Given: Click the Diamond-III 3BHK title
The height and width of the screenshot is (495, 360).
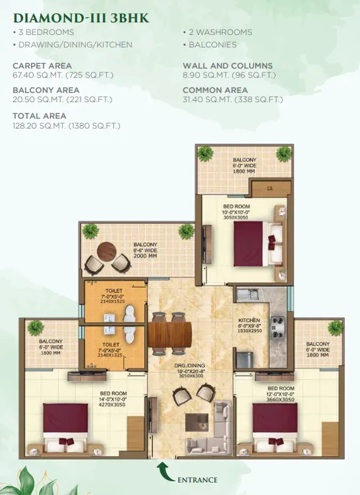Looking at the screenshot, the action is (x=81, y=18).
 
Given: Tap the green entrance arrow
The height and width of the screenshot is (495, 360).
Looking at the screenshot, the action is (x=164, y=472).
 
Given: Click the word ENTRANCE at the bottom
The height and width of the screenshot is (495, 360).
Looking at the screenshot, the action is (x=197, y=480).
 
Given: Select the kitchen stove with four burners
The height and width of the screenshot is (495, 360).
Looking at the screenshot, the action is (x=278, y=327).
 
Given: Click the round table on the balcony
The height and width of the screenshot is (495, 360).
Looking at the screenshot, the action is (x=106, y=252).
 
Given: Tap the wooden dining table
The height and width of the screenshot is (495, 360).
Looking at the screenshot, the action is (x=170, y=334).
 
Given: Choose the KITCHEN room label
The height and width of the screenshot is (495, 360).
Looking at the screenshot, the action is (x=249, y=320).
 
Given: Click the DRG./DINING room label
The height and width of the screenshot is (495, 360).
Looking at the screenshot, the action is (x=189, y=366).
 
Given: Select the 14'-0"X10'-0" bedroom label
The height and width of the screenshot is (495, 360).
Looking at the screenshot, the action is (x=112, y=399).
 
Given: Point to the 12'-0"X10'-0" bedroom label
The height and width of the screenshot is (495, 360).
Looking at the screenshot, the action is (x=281, y=394).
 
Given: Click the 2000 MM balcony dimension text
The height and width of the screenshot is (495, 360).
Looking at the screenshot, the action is (x=145, y=256).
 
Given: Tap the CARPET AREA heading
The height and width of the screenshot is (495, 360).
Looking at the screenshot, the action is (x=42, y=66).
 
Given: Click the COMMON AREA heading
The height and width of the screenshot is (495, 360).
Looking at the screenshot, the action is (x=215, y=90).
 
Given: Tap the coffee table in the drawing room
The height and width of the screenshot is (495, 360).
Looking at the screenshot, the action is (x=196, y=422).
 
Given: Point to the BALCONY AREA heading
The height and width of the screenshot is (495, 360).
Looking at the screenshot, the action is (x=45, y=90).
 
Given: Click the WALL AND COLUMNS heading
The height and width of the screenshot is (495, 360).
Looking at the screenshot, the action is (x=227, y=66).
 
